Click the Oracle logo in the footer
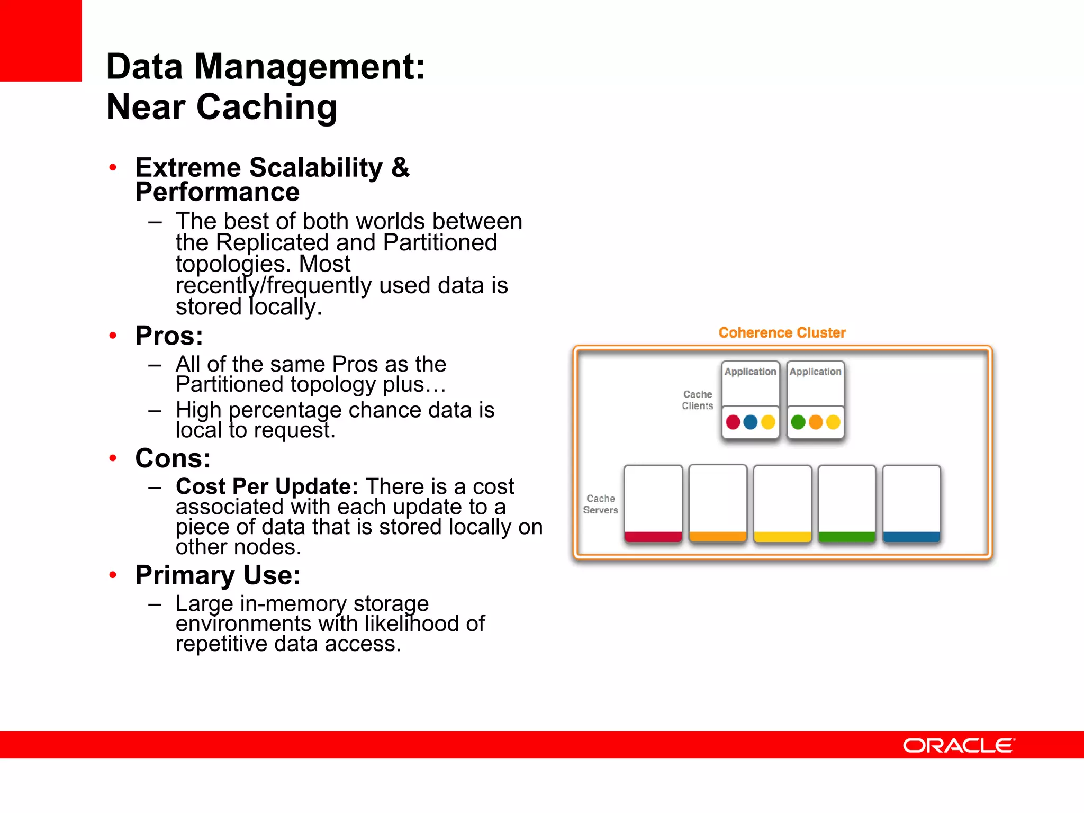(959, 745)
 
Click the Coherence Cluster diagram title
(782, 332)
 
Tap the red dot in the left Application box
(733, 422)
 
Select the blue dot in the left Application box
(751, 422)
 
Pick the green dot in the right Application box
(798, 422)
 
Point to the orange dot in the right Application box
(816, 422)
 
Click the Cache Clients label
(697, 400)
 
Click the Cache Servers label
(600, 504)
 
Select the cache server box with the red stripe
(653, 503)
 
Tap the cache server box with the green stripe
(847, 503)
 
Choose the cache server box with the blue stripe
(911, 503)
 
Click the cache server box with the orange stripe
(718, 503)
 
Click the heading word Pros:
(169, 336)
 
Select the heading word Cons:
(173, 458)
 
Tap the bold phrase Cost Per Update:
(267, 486)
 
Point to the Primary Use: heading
(218, 575)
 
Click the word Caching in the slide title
(267, 107)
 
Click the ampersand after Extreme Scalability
(400, 167)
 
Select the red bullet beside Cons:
(113, 458)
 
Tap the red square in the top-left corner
(41, 40)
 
